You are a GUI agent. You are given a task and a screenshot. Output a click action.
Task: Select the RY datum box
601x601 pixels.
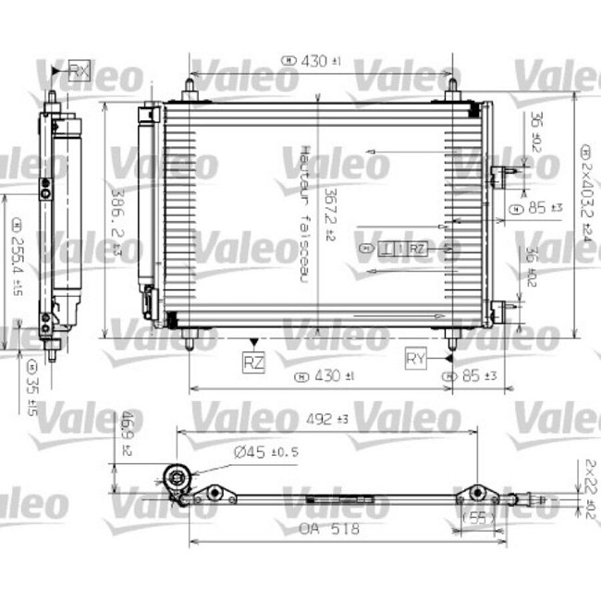[x=418, y=358]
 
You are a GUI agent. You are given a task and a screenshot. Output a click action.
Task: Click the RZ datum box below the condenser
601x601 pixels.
[x=253, y=363]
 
